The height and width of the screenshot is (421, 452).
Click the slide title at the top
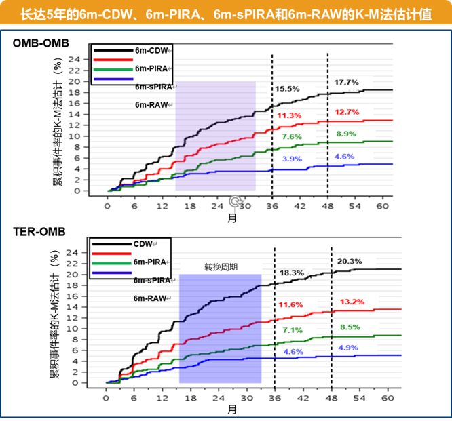(226, 14)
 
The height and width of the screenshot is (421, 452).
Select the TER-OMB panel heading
(39, 232)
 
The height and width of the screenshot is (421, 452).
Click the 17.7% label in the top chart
(345, 83)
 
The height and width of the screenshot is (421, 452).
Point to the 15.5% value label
(287, 89)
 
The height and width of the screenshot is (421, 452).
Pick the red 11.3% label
(289, 115)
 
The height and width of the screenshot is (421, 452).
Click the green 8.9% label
(345, 134)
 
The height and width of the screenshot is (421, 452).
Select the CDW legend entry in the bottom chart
(143, 243)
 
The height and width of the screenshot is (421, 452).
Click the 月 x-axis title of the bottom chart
(232, 409)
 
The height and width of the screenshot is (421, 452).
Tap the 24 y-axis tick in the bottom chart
(94, 253)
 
